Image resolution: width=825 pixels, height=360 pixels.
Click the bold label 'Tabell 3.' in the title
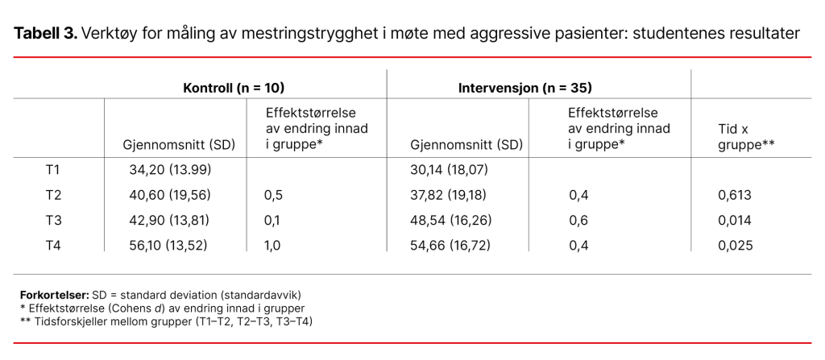[45, 34]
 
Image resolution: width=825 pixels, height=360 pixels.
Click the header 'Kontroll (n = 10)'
[234, 87]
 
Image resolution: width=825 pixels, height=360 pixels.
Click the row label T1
[53, 170]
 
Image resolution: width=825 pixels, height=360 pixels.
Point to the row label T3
[53, 220]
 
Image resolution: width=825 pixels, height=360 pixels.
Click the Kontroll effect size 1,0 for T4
[272, 246]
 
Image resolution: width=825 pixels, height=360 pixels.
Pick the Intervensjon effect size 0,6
[578, 220]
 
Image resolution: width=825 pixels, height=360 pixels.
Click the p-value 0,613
[735, 195]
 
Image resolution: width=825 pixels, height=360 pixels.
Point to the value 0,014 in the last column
[735, 220]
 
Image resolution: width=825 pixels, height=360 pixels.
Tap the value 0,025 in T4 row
[735, 246]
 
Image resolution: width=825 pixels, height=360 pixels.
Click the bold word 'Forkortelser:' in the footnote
[53, 296]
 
